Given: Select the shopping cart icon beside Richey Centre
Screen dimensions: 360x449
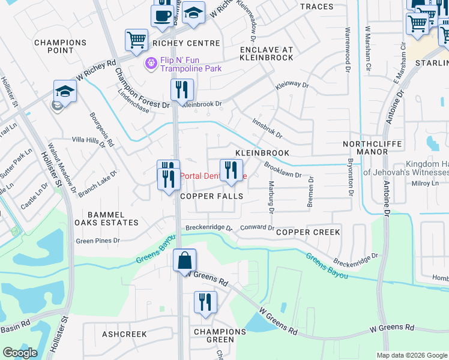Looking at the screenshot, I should pyautogui.click(x=136, y=40).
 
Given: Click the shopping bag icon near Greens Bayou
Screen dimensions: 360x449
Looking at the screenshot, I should pyautogui.click(x=185, y=261).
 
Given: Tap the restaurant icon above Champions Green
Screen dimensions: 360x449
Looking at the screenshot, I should pyautogui.click(x=205, y=302).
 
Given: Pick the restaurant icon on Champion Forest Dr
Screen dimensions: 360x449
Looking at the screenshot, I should pyautogui.click(x=181, y=90).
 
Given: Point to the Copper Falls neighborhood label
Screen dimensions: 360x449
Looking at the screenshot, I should pyautogui.click(x=211, y=196).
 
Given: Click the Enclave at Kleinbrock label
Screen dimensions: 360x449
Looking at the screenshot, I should pyautogui.click(x=266, y=53).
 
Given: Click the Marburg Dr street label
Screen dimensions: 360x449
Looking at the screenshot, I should pyautogui.click(x=271, y=197).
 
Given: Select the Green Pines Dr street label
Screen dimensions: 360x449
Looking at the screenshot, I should pyautogui.click(x=98, y=241).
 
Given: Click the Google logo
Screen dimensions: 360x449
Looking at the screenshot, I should pyautogui.click(x=20, y=353).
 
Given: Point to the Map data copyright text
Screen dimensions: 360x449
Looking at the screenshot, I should pyautogui.click(x=412, y=355).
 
